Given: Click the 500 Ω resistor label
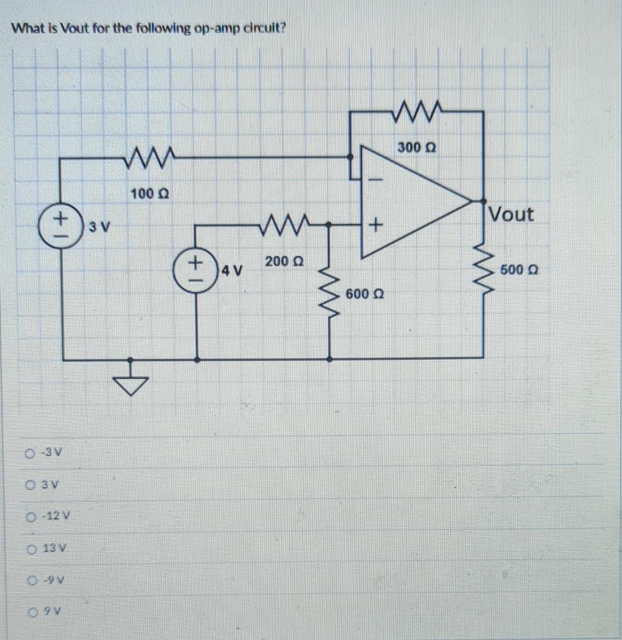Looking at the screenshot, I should point(518,270).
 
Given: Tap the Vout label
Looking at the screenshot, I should point(511,215).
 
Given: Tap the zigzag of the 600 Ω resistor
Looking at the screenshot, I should point(329,288).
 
